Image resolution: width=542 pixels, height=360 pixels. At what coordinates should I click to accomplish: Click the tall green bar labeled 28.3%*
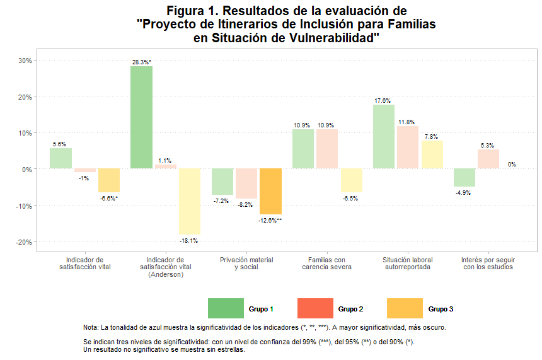coord(141,117)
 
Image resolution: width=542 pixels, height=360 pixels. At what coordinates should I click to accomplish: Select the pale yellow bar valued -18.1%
coord(189,201)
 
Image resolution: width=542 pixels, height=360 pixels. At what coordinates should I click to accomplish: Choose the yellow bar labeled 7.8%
coord(432,154)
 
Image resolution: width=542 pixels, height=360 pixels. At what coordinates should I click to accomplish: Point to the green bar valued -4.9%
coord(464,178)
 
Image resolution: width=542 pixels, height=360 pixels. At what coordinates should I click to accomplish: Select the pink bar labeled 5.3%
coord(488,159)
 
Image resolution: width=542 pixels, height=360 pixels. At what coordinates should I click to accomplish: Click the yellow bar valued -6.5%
coord(351,180)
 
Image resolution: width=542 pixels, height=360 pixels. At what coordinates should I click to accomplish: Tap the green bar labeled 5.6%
coord(61,158)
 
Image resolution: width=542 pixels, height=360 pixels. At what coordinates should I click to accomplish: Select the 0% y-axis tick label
coord(28,169)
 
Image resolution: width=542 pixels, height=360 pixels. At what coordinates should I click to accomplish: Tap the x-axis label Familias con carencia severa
coord(326,263)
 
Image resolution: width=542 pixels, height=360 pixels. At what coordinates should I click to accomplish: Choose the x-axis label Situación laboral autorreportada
coord(407,263)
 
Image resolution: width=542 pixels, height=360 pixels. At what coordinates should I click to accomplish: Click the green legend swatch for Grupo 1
coord(226,308)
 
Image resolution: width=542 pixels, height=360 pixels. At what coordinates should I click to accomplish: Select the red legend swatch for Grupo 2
coord(315,308)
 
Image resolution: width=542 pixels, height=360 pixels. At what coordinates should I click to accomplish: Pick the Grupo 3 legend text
coord(441,309)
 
